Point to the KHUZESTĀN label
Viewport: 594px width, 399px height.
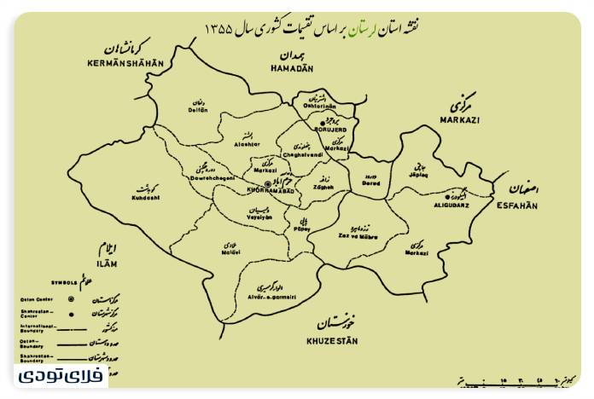point(333,341)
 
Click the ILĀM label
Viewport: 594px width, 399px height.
point(107,264)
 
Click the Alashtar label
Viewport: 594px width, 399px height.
point(244,145)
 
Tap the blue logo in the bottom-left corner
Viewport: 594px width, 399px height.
point(60,375)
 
